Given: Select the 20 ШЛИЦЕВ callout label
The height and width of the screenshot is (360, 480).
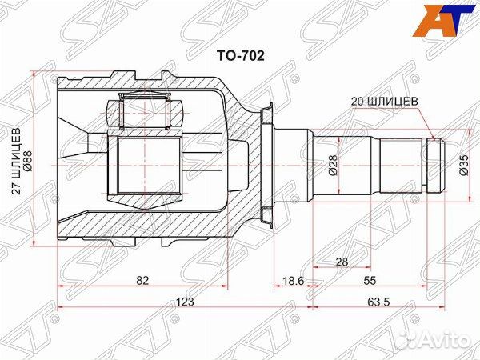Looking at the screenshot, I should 385,102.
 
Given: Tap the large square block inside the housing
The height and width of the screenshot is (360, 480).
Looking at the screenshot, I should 145,166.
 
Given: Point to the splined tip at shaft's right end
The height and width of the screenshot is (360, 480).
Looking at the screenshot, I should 434,166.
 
